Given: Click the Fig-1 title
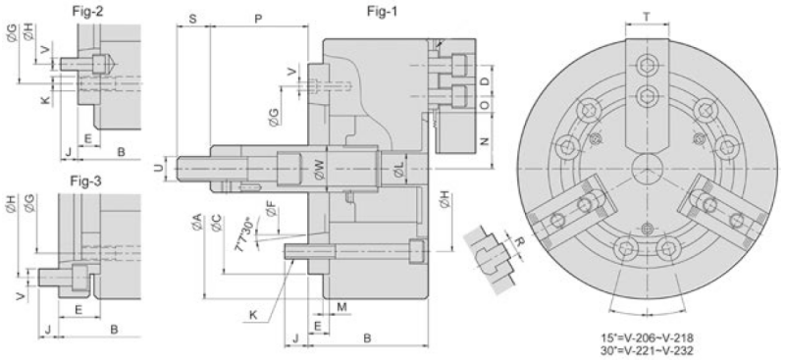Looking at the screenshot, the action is click(382, 12).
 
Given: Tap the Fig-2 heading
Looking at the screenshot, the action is click(88, 12).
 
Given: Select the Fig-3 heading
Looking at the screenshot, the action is click(85, 180).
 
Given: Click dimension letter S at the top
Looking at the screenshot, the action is click(192, 19).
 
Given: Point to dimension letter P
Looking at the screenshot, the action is click(258, 19).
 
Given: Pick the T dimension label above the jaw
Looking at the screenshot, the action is click(647, 17).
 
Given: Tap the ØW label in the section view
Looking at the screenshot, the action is click(320, 170).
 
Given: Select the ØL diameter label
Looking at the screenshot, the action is click(398, 172).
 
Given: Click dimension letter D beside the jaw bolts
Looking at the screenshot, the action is click(483, 81).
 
